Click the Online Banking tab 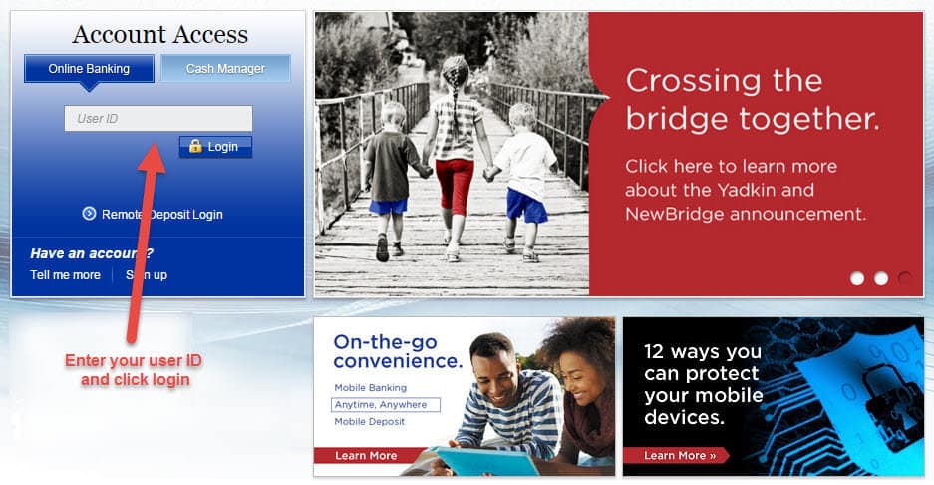89,69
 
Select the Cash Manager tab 225,69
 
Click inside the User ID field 158,118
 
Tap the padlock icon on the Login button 195,146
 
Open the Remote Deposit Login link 162,215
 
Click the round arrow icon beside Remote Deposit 89,213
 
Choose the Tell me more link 66,275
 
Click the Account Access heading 160,35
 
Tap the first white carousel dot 857,278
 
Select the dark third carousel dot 905,278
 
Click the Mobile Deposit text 369,422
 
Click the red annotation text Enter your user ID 134,361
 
